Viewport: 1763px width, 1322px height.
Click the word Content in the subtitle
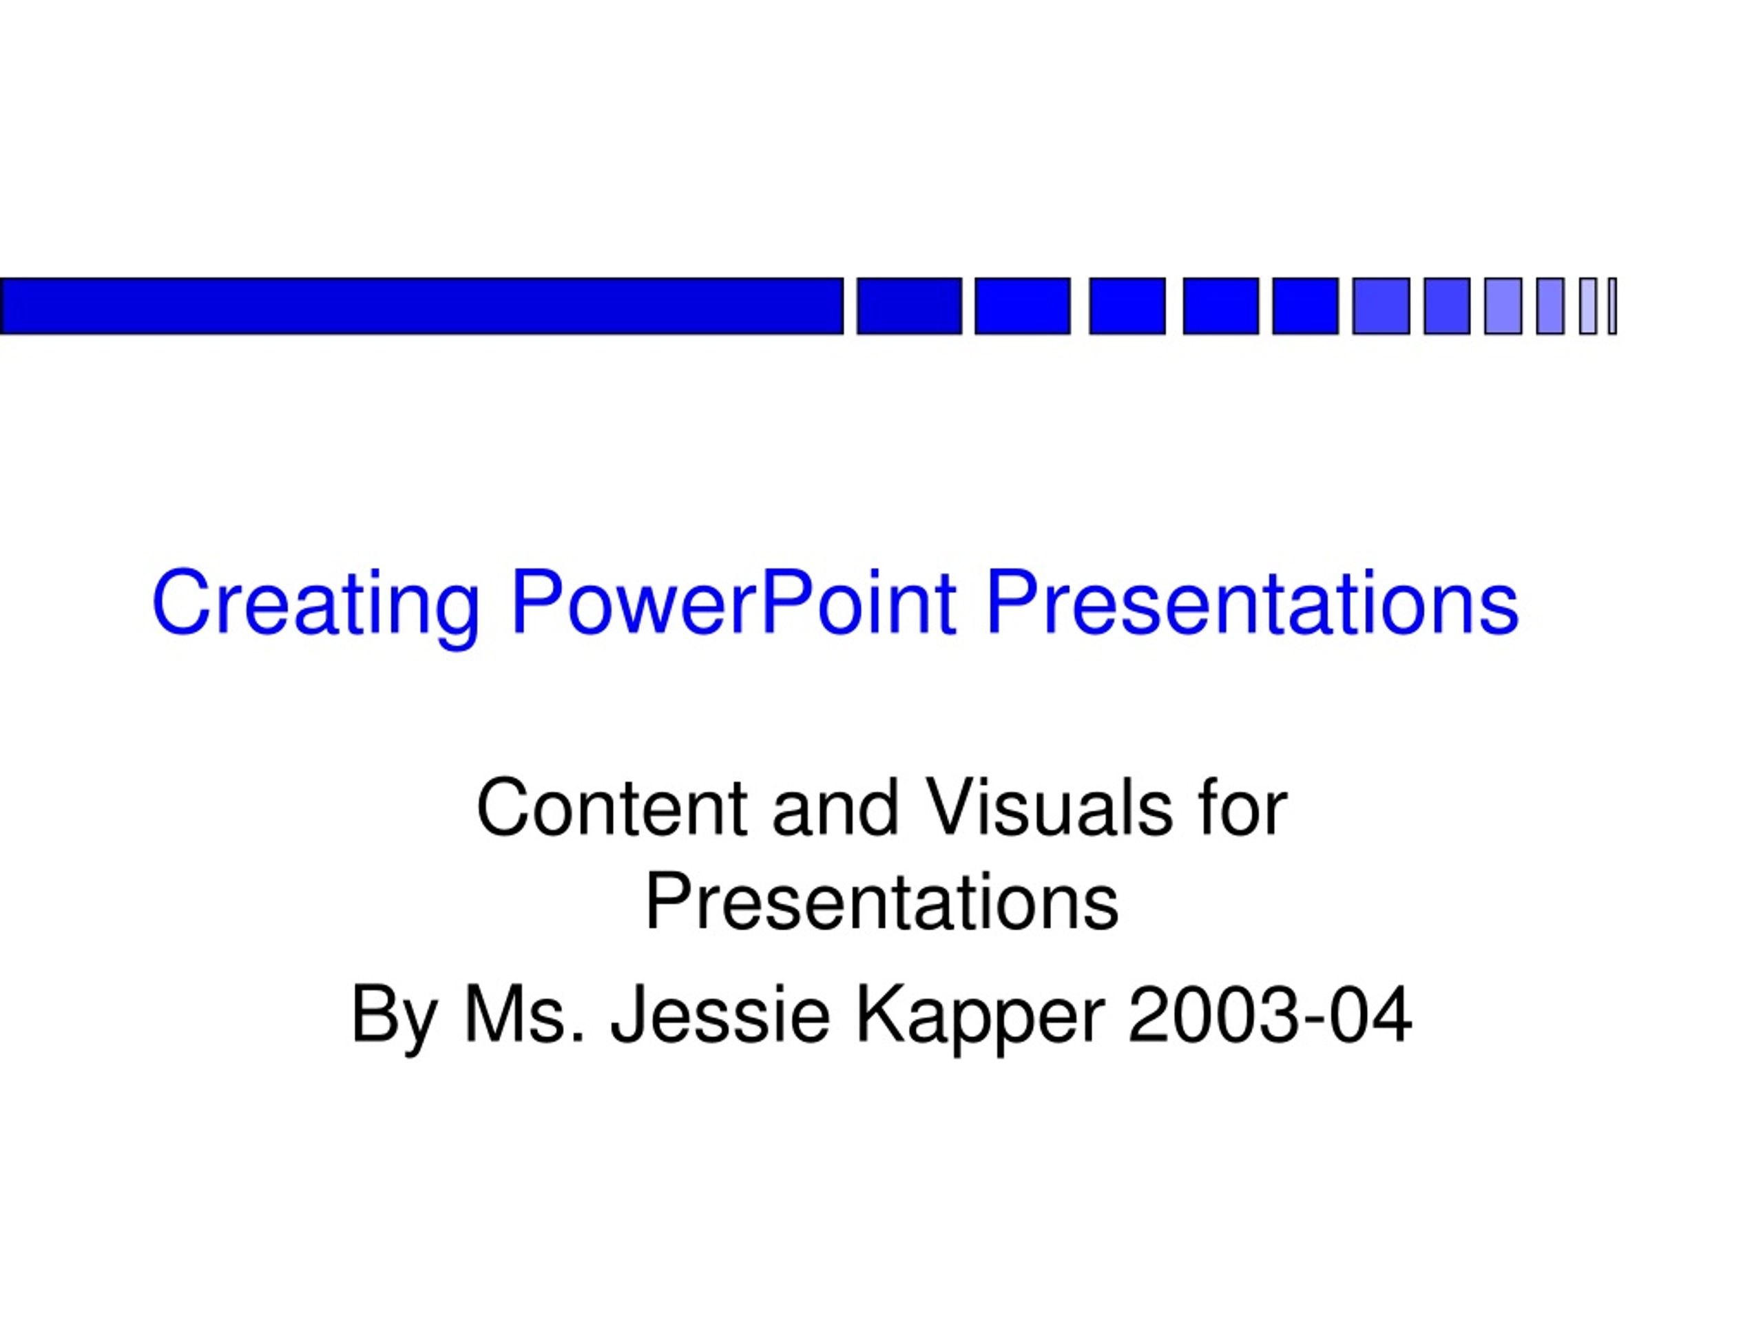pos(612,808)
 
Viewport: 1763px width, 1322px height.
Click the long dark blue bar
pos(421,306)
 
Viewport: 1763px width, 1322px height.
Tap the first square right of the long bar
pos(910,306)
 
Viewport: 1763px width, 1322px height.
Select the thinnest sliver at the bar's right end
pos(1612,306)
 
